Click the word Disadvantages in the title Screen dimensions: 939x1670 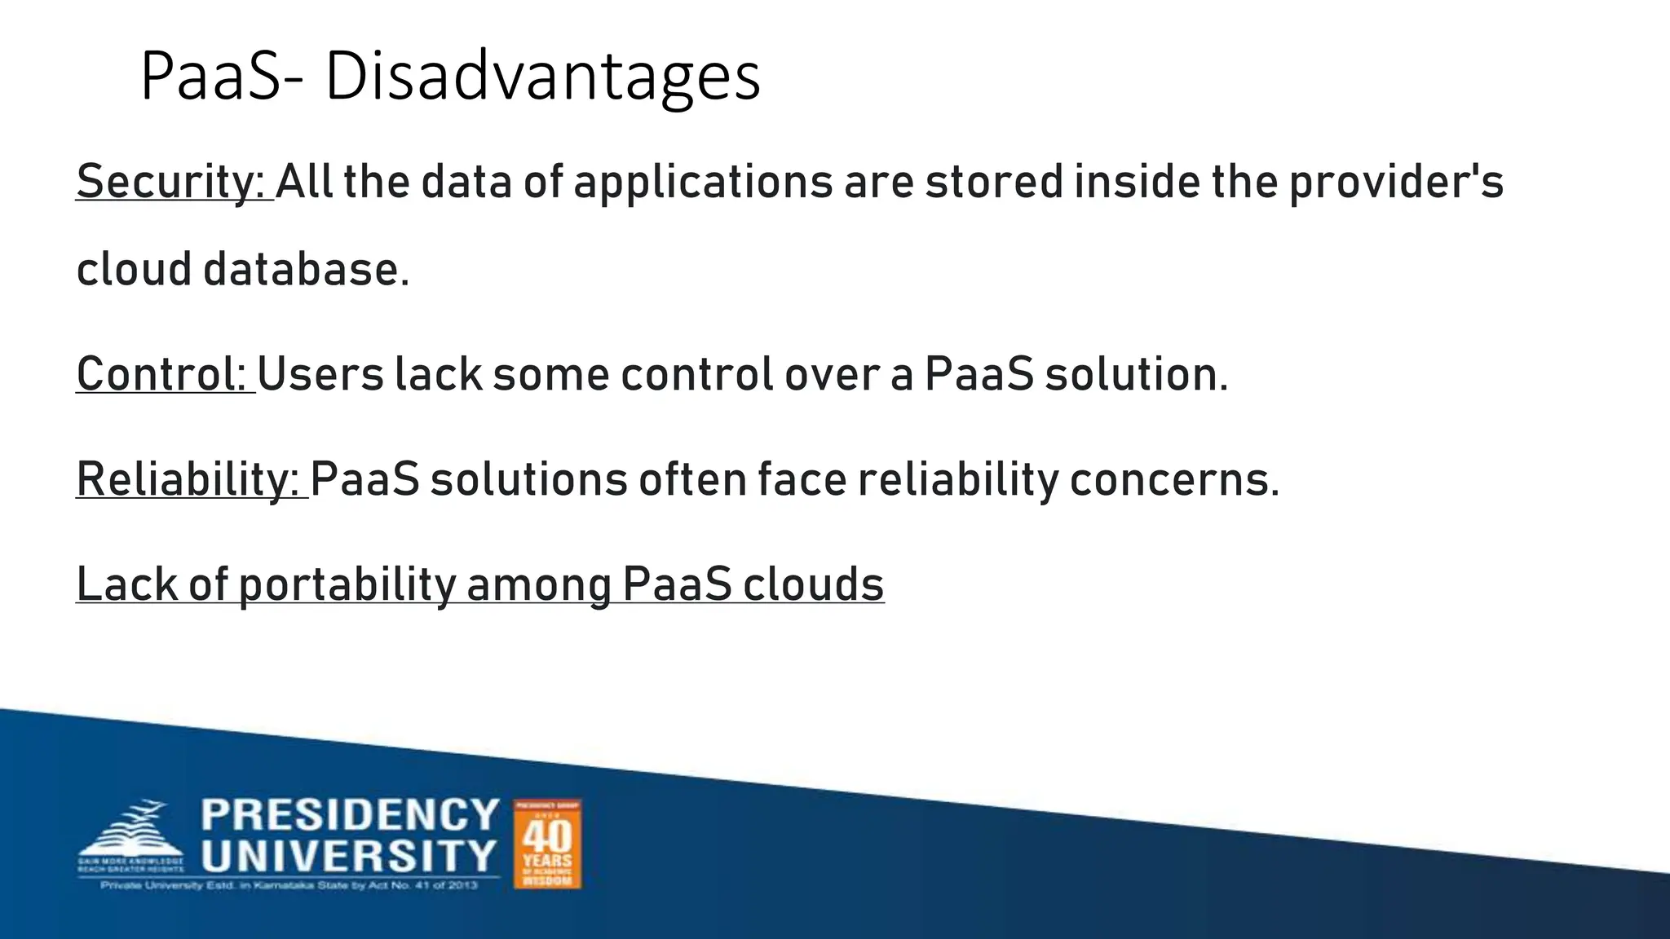[x=542, y=77]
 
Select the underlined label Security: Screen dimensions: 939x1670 [x=173, y=181]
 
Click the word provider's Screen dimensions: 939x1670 [x=1396, y=181]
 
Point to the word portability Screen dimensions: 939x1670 [x=347, y=584]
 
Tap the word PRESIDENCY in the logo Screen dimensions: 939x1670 [x=350, y=815]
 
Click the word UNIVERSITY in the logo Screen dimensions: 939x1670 [x=350, y=856]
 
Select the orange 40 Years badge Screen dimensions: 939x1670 [x=547, y=844]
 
